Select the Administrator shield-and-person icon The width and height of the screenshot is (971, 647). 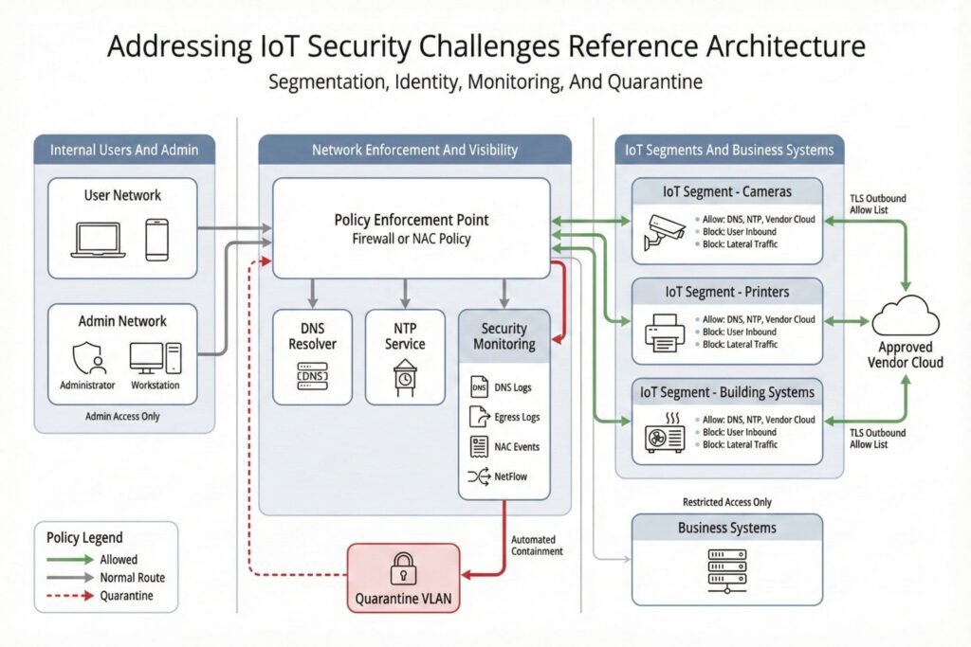(86, 358)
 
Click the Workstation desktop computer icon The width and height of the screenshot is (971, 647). (154, 357)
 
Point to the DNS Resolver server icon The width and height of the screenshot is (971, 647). (312, 377)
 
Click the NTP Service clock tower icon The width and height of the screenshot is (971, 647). (405, 376)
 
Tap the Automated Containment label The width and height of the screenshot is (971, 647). (537, 545)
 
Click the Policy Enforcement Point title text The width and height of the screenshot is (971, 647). (412, 220)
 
